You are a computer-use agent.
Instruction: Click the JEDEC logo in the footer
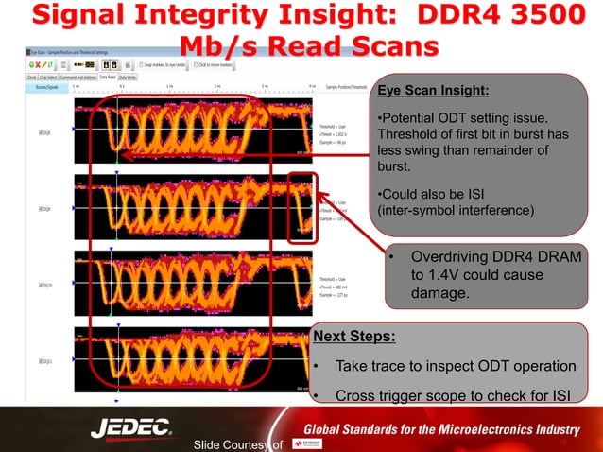coord(131,427)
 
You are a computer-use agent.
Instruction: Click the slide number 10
coord(561,441)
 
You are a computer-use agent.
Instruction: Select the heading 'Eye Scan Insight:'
coord(433,92)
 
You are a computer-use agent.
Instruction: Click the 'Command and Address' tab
coord(73,76)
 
